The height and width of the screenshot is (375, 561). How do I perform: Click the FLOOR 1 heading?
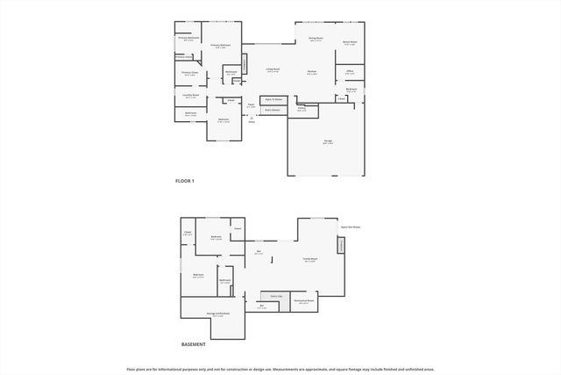point(185,180)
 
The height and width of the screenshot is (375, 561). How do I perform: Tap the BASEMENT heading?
point(193,344)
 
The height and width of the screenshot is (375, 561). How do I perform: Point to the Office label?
point(349,71)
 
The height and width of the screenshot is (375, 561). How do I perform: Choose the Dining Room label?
point(316,39)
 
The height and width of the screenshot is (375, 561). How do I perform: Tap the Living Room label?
point(273,69)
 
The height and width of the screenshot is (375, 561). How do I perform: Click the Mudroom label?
point(352,90)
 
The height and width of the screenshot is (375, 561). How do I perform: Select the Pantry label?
point(302,110)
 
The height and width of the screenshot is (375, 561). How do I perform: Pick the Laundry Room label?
point(190,95)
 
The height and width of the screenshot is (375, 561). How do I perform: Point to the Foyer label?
point(251,105)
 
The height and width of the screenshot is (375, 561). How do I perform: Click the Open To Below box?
point(273,100)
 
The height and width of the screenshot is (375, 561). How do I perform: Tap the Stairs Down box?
point(271,111)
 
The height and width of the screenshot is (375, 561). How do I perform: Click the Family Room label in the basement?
point(310,261)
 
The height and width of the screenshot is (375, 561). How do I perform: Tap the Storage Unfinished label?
point(218,314)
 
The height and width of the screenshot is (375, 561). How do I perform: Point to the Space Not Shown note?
point(351,227)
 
